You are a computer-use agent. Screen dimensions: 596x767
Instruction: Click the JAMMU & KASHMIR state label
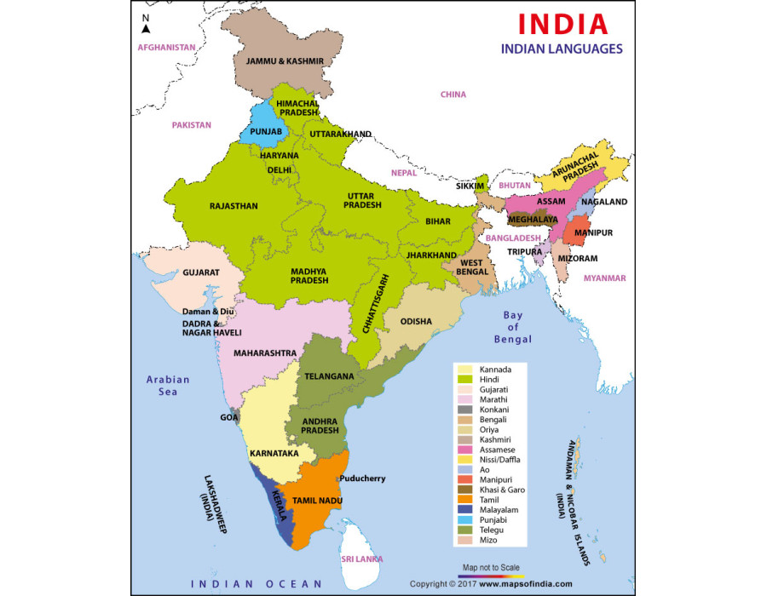click(x=285, y=62)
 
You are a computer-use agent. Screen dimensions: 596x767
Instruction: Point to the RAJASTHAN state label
click(x=234, y=206)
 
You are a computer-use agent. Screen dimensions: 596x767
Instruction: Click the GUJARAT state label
click(x=201, y=272)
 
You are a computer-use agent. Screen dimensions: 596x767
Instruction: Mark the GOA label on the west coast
click(x=229, y=418)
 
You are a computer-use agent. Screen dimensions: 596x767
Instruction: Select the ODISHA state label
click(x=416, y=322)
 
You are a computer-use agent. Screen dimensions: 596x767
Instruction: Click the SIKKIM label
click(x=470, y=185)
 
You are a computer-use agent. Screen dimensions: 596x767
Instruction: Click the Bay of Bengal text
click(x=513, y=327)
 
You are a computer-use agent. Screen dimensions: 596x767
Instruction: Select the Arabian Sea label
click(x=168, y=386)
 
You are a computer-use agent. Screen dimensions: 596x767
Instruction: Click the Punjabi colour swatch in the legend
click(x=464, y=516)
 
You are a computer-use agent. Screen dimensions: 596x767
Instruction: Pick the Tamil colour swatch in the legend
click(x=464, y=499)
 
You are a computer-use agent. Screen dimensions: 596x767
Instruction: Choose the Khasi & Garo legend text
click(x=502, y=489)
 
